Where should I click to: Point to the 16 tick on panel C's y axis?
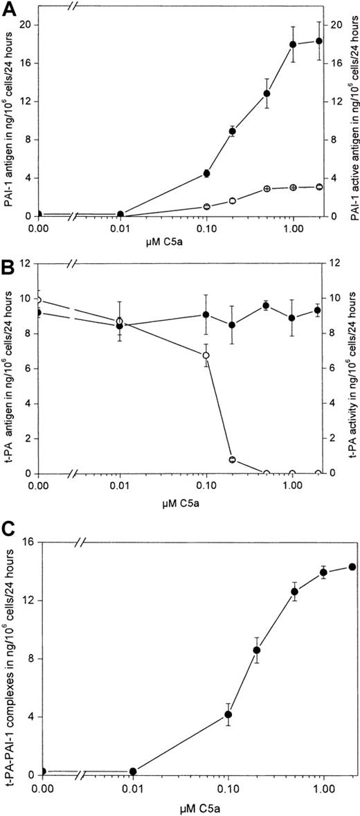(30, 541)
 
